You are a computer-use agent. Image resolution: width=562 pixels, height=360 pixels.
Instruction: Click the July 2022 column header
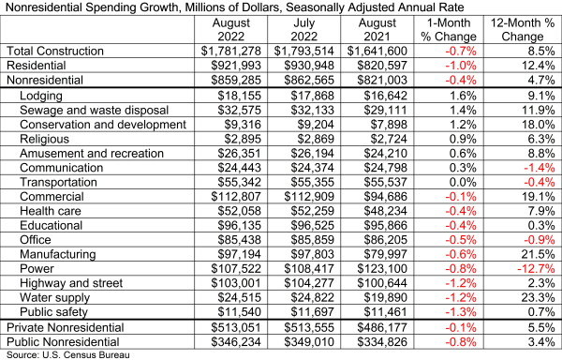(x=303, y=29)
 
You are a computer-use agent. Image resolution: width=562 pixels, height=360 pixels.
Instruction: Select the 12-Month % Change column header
(x=523, y=29)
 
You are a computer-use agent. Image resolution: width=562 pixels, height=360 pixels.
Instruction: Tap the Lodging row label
(x=41, y=96)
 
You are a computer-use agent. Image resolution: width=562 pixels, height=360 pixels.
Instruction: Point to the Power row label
(x=37, y=268)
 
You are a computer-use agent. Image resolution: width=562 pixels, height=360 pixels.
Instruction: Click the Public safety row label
(x=53, y=312)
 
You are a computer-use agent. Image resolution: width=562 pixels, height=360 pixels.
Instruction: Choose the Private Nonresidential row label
(x=66, y=327)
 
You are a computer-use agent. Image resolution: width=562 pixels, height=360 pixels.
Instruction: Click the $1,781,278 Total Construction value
(x=230, y=51)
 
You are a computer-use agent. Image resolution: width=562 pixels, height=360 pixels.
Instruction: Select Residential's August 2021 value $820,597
(x=382, y=66)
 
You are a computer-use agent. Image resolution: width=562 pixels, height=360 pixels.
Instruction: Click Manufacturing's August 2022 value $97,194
(x=239, y=254)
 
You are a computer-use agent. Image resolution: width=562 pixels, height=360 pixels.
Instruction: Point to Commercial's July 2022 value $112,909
(x=309, y=197)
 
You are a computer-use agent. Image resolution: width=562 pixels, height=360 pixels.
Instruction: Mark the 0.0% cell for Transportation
(x=463, y=182)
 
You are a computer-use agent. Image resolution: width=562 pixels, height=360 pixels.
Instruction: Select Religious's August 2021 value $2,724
(x=389, y=139)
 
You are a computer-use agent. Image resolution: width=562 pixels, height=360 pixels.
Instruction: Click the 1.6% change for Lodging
(x=463, y=96)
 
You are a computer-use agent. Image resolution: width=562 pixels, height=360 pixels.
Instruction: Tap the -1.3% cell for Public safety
(x=461, y=312)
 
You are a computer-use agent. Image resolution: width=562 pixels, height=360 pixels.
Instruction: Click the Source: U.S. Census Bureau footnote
(x=68, y=355)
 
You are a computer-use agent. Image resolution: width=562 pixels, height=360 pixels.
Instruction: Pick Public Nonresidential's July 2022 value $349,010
(x=309, y=341)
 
